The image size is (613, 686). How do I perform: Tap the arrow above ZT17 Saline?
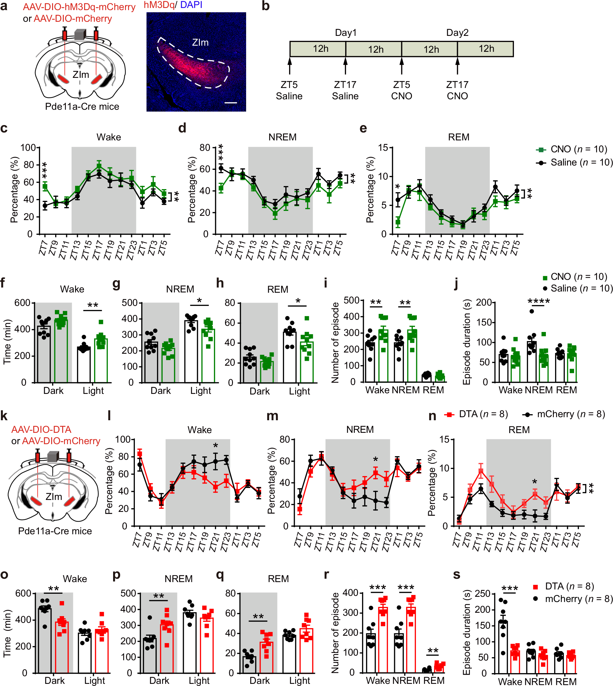pos(345,65)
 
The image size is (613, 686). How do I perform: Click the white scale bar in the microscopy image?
pos(231,103)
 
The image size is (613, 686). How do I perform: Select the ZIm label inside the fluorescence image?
pos(200,42)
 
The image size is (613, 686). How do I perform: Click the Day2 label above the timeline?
pos(457,33)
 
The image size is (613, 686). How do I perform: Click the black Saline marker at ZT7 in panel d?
pos(221,168)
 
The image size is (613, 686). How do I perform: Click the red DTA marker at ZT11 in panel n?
pos(481,471)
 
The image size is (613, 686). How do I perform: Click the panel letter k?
pos(4,416)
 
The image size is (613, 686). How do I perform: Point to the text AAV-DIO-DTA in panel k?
pos(41,429)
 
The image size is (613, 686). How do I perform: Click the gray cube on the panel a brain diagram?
pos(80,34)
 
